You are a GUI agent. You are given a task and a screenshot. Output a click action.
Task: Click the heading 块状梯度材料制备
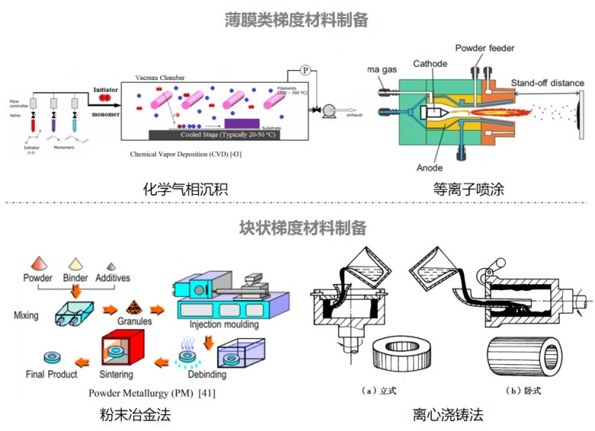[x=297, y=227]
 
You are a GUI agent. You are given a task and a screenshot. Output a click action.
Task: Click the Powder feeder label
[x=484, y=49]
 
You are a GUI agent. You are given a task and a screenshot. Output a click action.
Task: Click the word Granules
[x=134, y=321]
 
